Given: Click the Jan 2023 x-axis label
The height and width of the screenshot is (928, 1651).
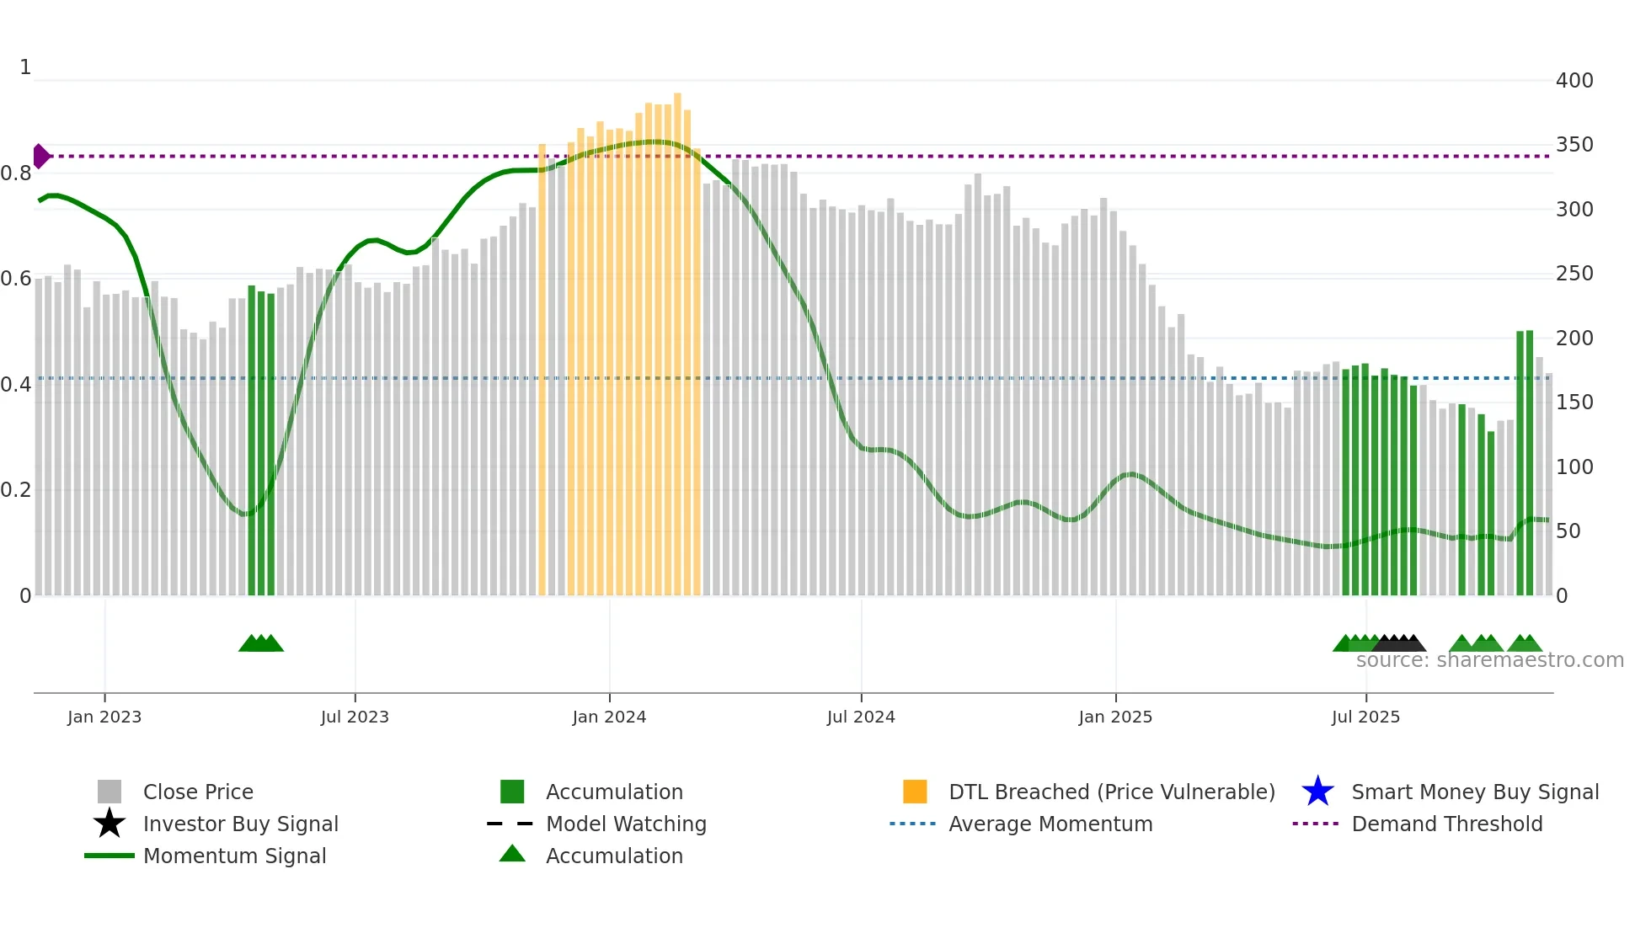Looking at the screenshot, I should click(104, 717).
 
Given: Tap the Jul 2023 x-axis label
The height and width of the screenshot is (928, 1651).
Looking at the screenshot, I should click(355, 717).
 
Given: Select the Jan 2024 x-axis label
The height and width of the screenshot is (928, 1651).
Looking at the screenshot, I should click(609, 717).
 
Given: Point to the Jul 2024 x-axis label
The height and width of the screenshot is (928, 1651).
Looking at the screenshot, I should click(861, 717).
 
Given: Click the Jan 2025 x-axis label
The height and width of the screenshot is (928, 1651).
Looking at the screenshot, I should click(1115, 717).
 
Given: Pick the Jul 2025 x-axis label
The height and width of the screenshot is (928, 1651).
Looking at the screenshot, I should click(1365, 717).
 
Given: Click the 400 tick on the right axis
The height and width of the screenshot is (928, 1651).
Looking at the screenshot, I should click(1574, 81).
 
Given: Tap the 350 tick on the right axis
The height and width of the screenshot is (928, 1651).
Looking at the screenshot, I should click(1574, 145).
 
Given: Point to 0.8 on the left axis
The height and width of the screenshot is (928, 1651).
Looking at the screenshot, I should click(16, 173).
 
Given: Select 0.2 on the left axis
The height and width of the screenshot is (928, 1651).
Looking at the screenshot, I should click(16, 490).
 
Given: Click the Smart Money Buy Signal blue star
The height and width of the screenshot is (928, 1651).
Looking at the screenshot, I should click(1317, 792).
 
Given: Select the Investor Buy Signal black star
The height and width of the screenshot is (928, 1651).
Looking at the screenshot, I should click(110, 824).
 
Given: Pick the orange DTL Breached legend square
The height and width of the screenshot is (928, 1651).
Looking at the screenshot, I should click(915, 792).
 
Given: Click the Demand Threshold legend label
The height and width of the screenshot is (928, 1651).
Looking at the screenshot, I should click(1447, 824).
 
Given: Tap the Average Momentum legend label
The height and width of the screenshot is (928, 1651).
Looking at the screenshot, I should click(1050, 824).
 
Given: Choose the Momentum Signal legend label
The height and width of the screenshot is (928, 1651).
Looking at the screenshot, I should click(234, 856).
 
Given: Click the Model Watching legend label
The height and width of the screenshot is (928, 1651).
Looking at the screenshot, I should click(626, 824).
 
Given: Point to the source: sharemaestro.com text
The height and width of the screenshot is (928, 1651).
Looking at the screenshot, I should click(1489, 660).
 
